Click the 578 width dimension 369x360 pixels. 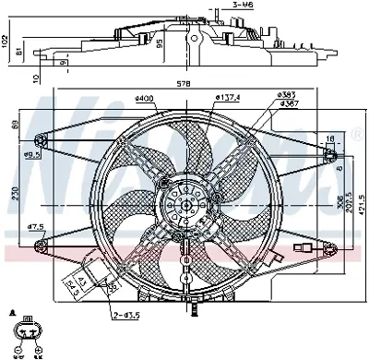pos(184,84)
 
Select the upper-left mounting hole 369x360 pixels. pos(41,140)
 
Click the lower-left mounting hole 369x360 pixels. pos(41,244)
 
